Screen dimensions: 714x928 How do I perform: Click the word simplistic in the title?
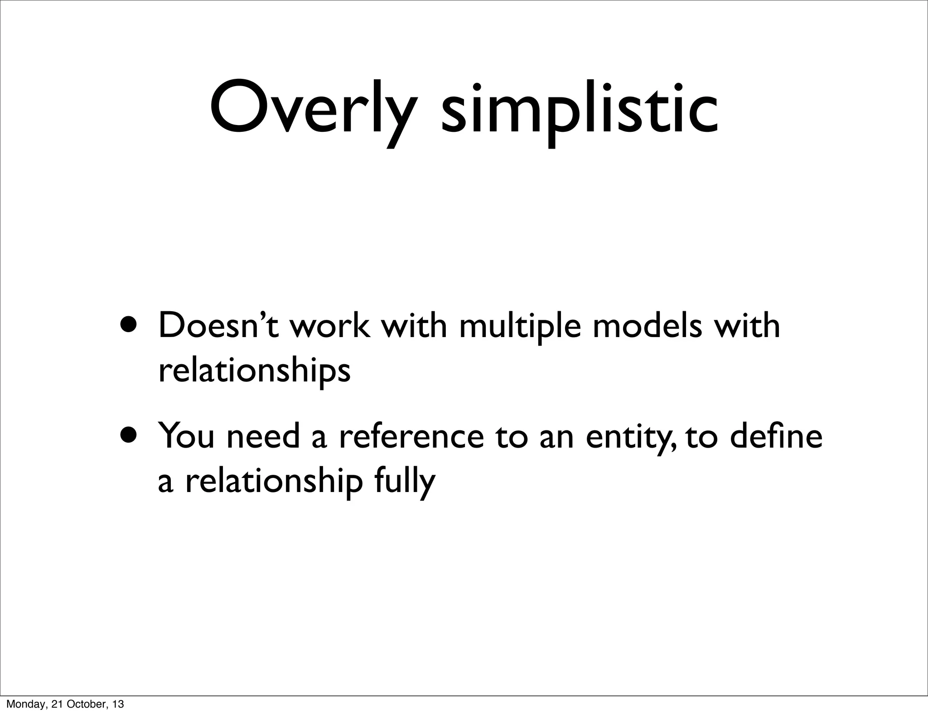point(579,111)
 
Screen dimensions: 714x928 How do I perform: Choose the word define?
point(777,435)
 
